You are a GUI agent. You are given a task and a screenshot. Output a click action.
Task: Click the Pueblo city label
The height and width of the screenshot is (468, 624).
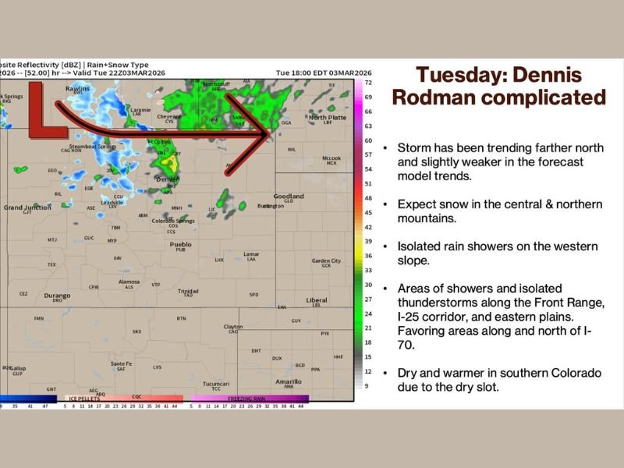pyautogui.click(x=180, y=244)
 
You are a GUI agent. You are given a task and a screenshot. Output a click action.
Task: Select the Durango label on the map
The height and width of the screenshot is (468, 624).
pyautogui.click(x=57, y=296)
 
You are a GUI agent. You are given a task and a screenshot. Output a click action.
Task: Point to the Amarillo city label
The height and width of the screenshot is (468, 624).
pyautogui.click(x=288, y=381)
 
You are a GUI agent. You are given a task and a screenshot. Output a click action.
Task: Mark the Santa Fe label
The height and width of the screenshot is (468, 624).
pyautogui.click(x=121, y=363)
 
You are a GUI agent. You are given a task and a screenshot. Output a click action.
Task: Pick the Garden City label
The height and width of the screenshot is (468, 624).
pyautogui.click(x=326, y=261)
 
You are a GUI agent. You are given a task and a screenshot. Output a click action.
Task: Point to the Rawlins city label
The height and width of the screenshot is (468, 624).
pyautogui.click(x=77, y=88)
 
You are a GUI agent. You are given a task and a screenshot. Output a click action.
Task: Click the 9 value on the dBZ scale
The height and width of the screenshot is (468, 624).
pyautogui.click(x=367, y=386)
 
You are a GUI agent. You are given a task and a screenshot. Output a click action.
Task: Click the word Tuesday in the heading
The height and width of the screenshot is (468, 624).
pyautogui.click(x=460, y=75)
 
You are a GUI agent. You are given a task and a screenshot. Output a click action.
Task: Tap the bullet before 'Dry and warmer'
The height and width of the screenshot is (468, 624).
pyautogui.click(x=385, y=373)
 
